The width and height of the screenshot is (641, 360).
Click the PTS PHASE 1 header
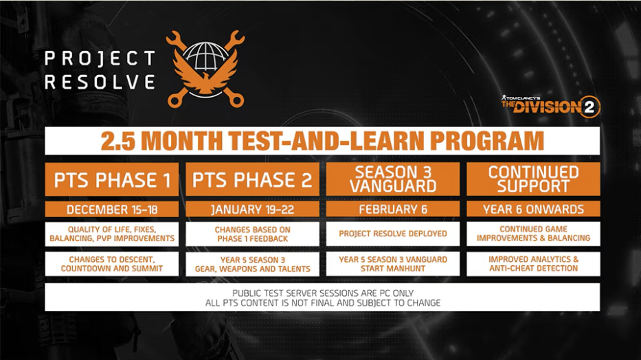click(111, 179)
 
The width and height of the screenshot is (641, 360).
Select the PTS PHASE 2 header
click(252, 179)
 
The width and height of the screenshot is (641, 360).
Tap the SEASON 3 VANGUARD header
click(393, 179)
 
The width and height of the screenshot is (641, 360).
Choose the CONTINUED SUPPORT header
click(534, 179)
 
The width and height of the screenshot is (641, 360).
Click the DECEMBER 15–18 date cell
click(111, 210)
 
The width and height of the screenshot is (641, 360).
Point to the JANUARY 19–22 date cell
click(252, 210)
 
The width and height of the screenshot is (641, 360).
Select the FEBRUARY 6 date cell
click(393, 210)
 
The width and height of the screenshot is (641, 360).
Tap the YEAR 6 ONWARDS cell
click(534, 210)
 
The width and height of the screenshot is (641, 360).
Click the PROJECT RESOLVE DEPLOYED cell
click(393, 234)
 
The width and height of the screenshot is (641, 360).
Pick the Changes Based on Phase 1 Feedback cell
click(252, 234)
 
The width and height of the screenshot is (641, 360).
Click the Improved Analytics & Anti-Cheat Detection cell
click(534, 264)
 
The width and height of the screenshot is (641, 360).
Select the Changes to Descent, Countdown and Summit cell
click(111, 264)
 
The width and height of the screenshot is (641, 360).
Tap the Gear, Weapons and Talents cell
click(252, 264)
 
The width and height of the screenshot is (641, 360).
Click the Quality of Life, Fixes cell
click(111, 234)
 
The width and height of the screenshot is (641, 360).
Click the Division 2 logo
click(550, 106)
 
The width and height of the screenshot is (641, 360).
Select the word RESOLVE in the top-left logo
click(100, 82)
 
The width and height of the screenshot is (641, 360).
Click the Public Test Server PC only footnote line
click(322, 293)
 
